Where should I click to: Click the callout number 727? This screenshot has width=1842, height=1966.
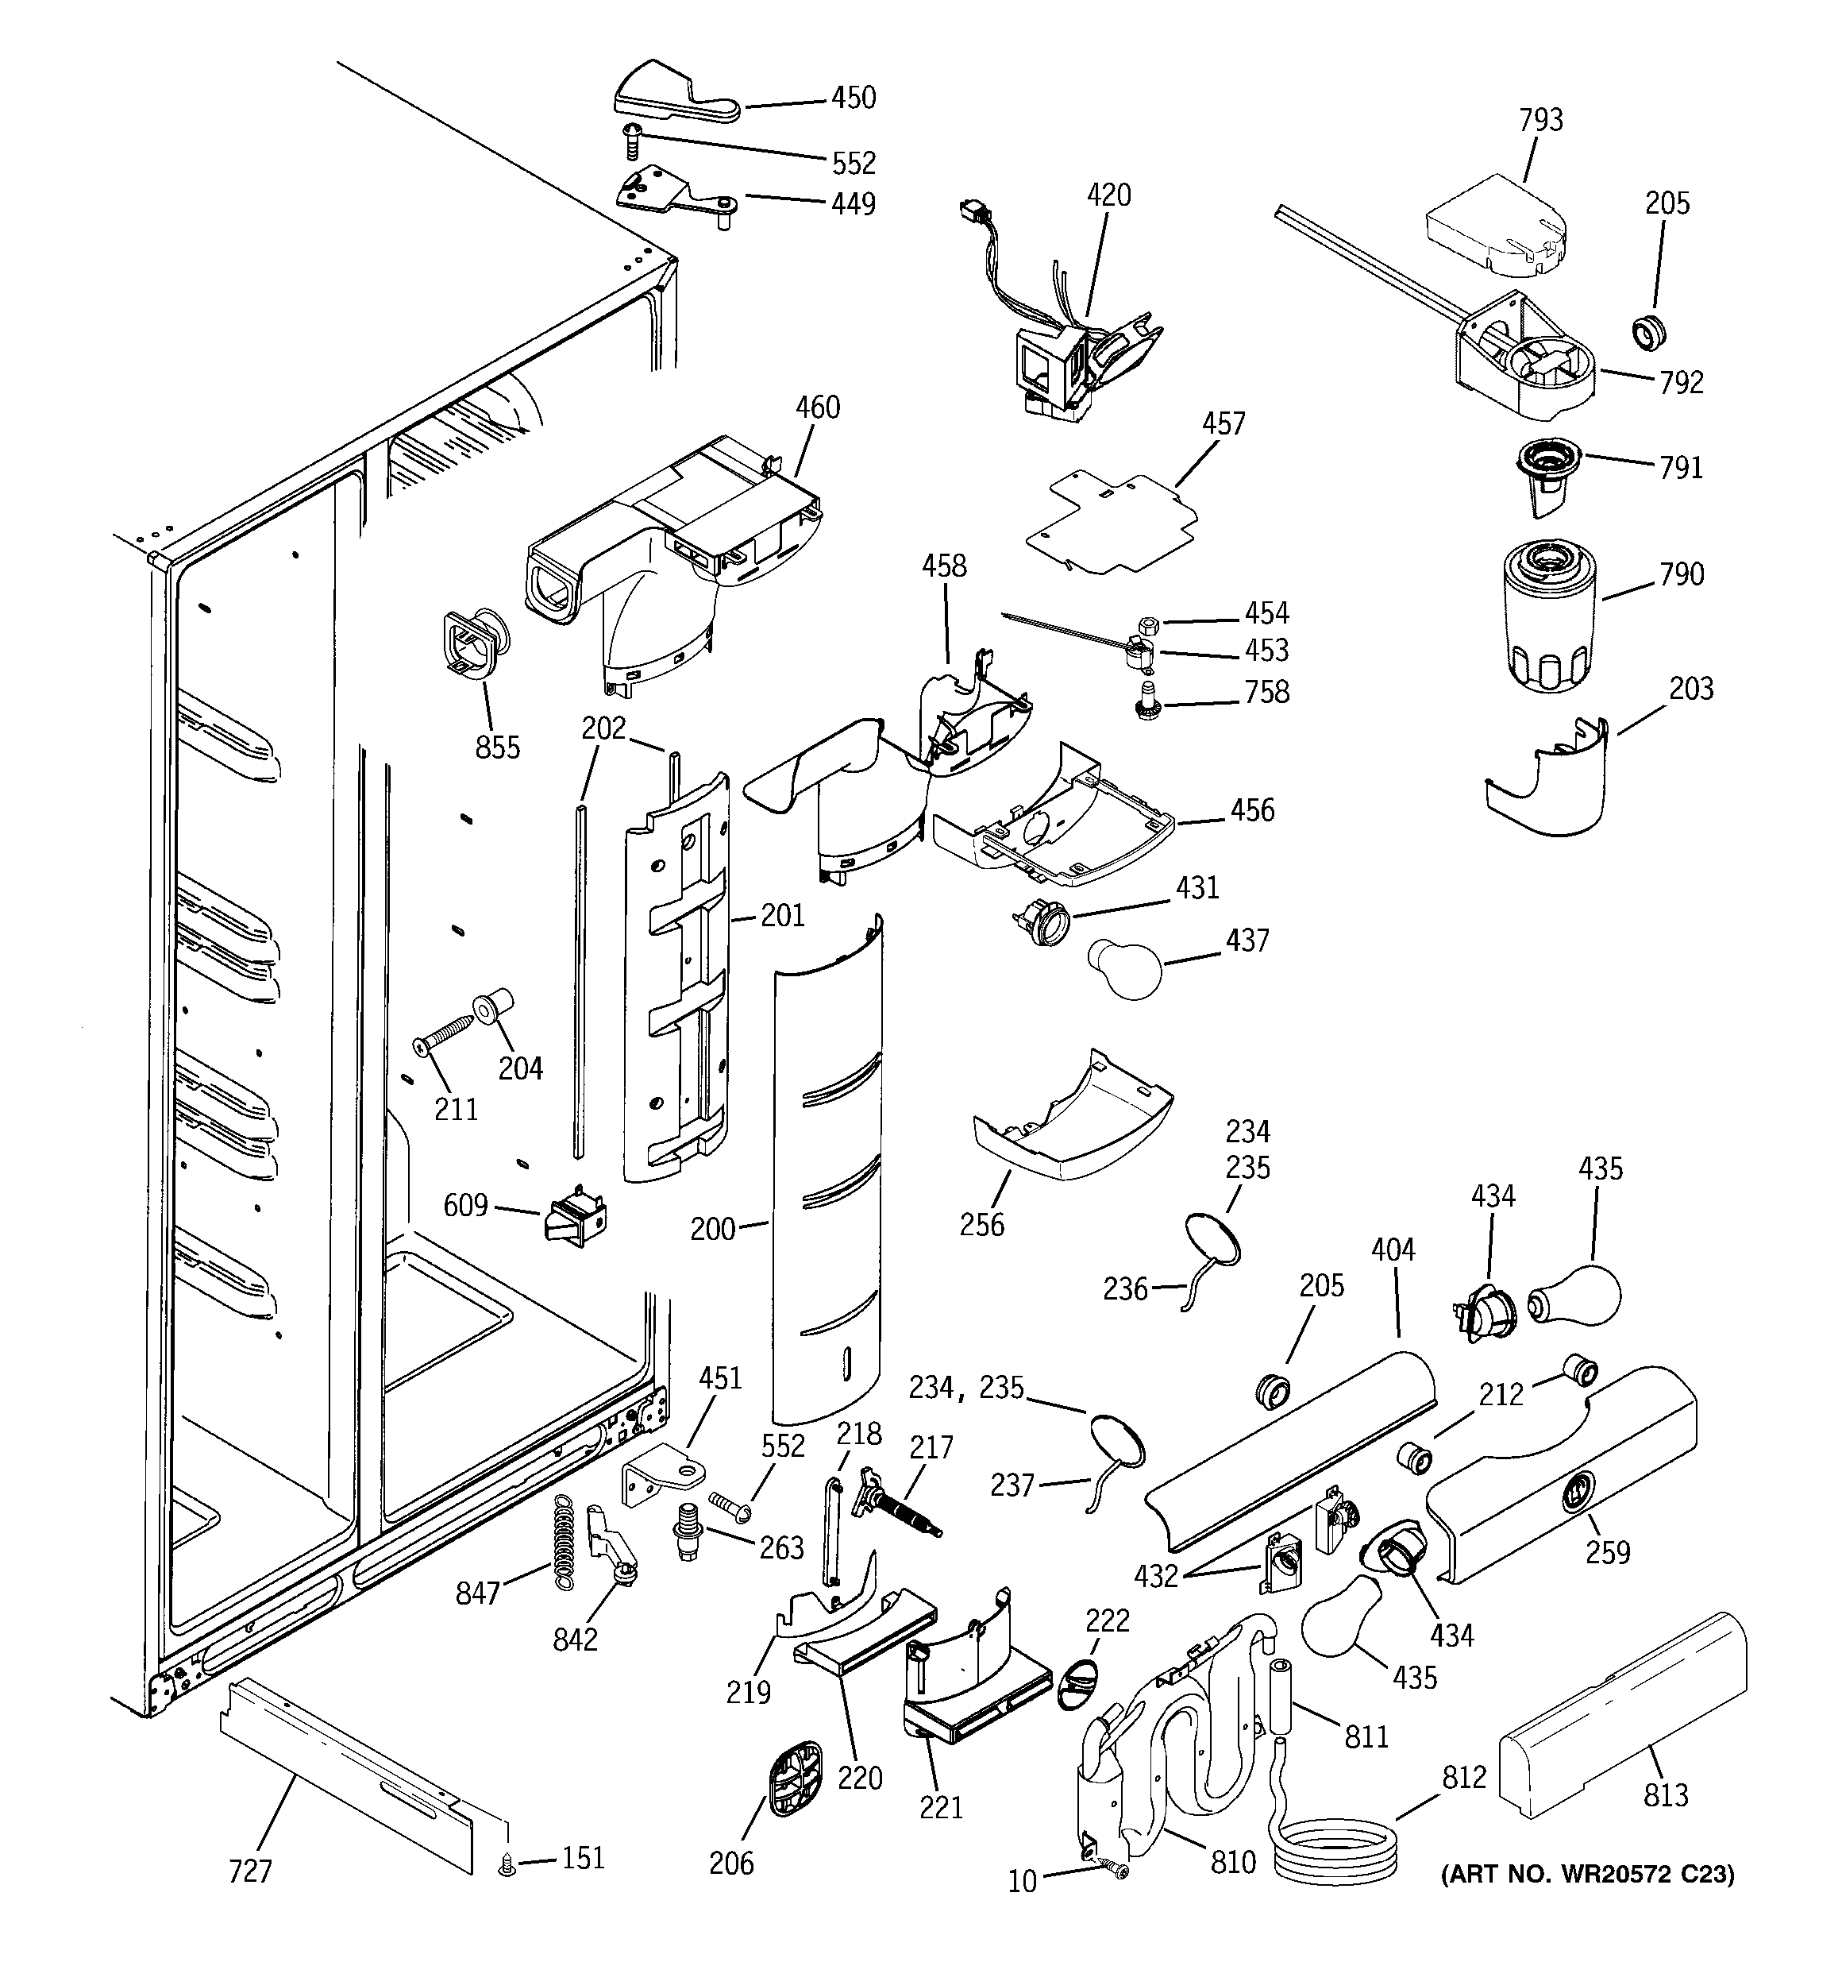tap(250, 1872)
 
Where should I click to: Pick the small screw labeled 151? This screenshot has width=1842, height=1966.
tap(508, 1864)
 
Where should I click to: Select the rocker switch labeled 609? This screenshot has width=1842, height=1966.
tap(575, 1219)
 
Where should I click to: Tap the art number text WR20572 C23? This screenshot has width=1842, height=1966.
tap(1587, 1875)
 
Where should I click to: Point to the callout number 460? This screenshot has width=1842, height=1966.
tap(818, 407)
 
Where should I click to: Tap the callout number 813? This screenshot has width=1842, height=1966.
tap(1665, 1794)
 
